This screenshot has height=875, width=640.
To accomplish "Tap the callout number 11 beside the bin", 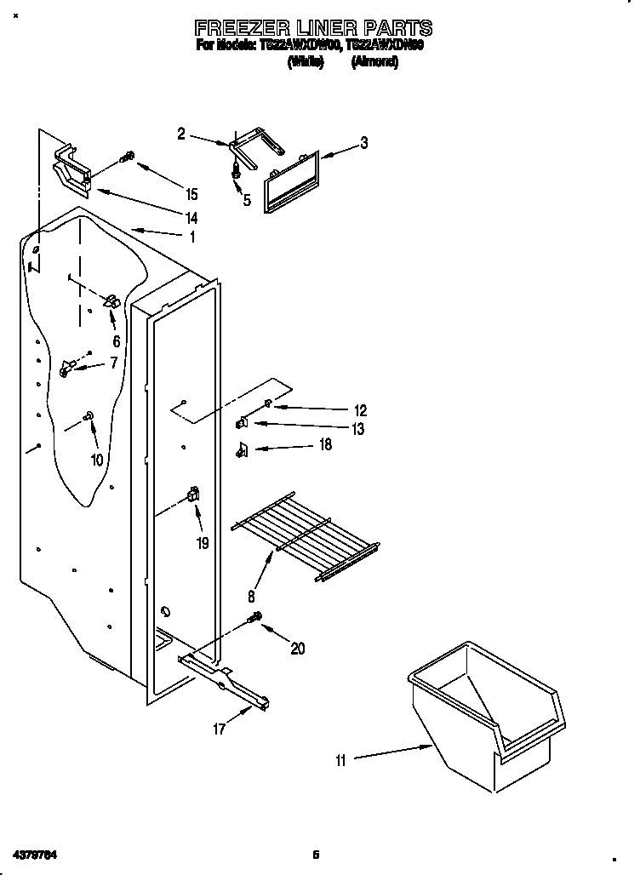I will pos(340,761).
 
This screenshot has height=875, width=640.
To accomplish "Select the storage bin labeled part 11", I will pos(485,715).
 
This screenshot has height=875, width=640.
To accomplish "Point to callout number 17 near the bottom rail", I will pos(219,729).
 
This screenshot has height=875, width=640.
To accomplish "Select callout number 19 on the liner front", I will pos(203,542).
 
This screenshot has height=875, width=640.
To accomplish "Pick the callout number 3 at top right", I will pos(363,143).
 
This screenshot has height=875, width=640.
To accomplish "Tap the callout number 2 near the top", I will pos(181,133).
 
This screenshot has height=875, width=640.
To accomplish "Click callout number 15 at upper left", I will pos(191,194).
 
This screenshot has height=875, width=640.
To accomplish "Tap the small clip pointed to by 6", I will pos(110,301).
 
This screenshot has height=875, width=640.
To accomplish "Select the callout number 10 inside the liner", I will pos(96,460).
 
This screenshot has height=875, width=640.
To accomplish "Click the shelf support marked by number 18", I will pos(241,449).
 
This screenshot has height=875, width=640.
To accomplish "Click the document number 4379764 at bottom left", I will pos(37,853).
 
